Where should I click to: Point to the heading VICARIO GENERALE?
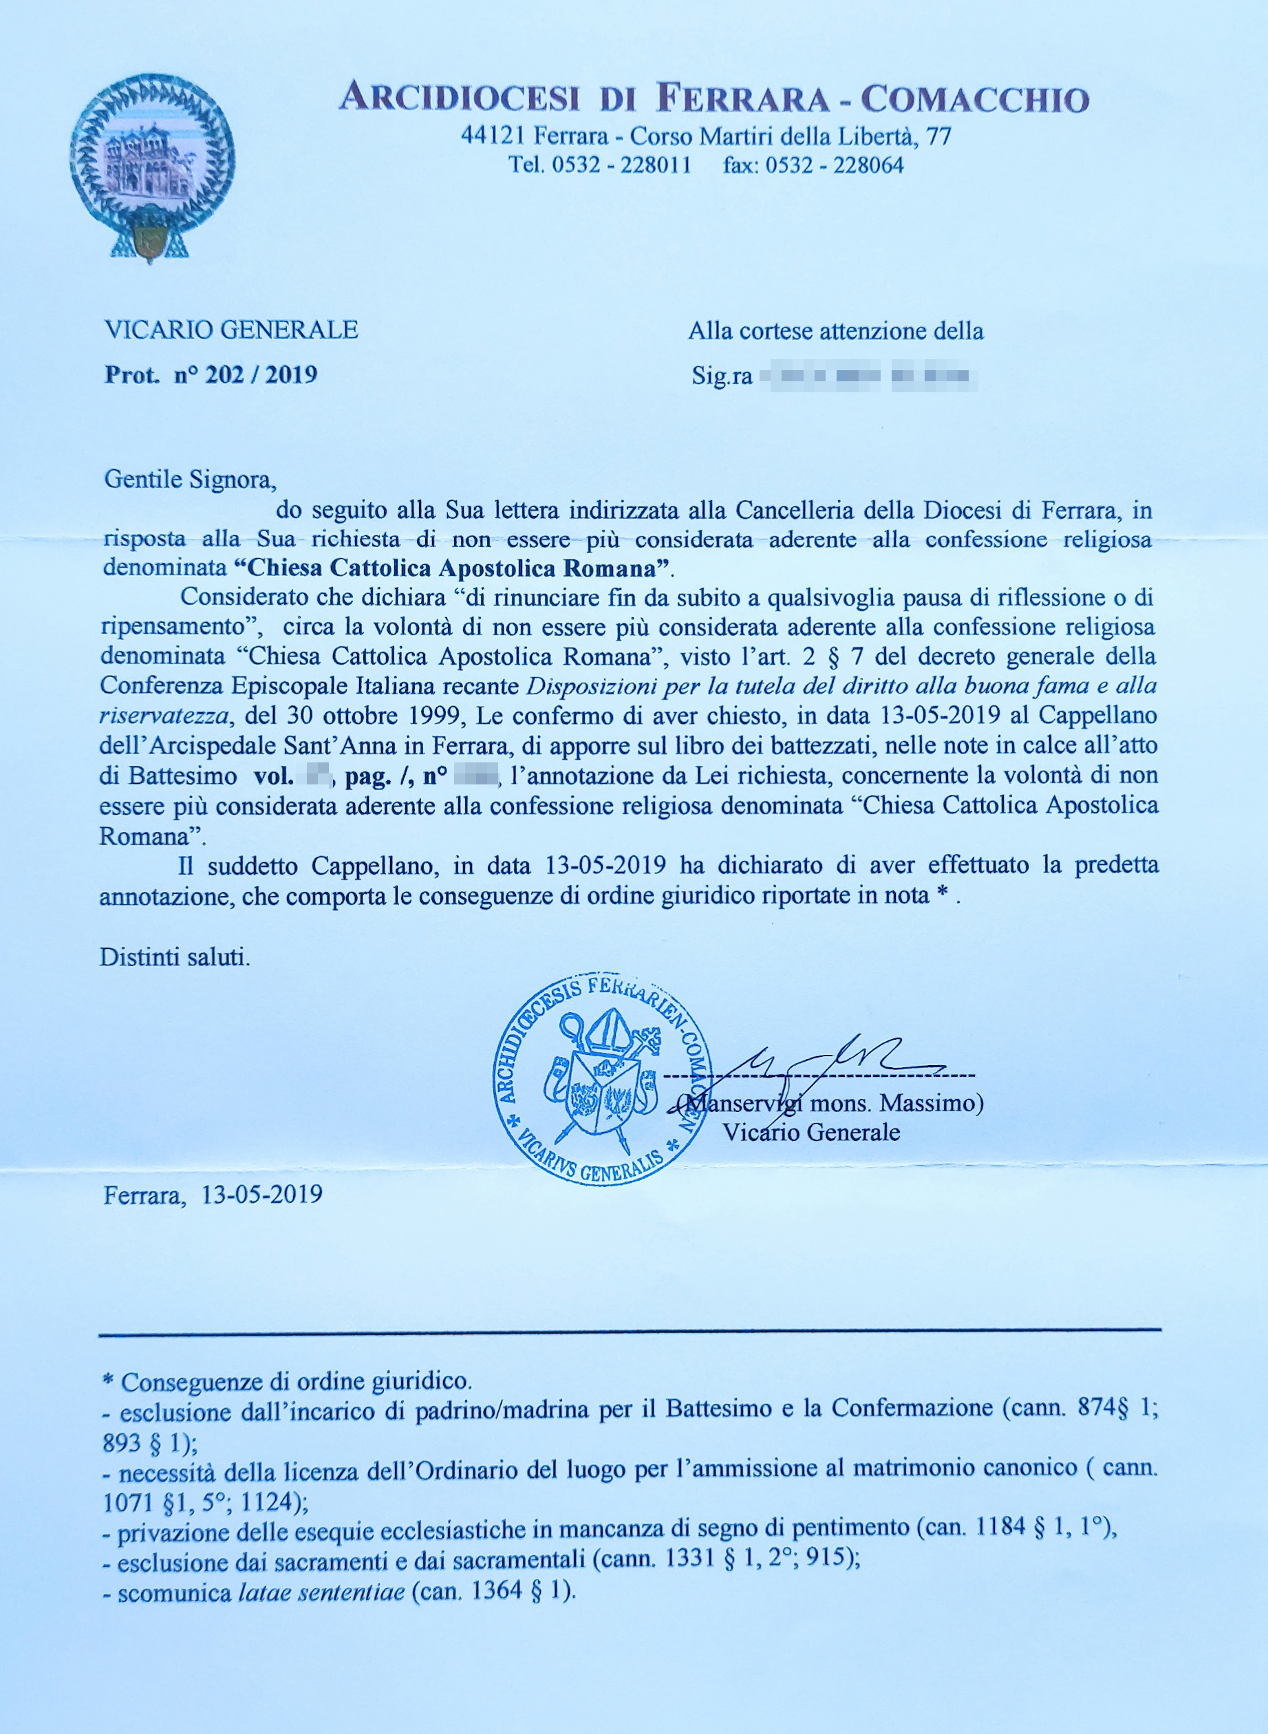click(231, 330)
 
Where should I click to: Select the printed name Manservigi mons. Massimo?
click(832, 1103)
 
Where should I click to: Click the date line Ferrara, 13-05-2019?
click(213, 1195)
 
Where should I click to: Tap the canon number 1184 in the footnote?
click(1000, 1527)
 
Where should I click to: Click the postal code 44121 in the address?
click(493, 137)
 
